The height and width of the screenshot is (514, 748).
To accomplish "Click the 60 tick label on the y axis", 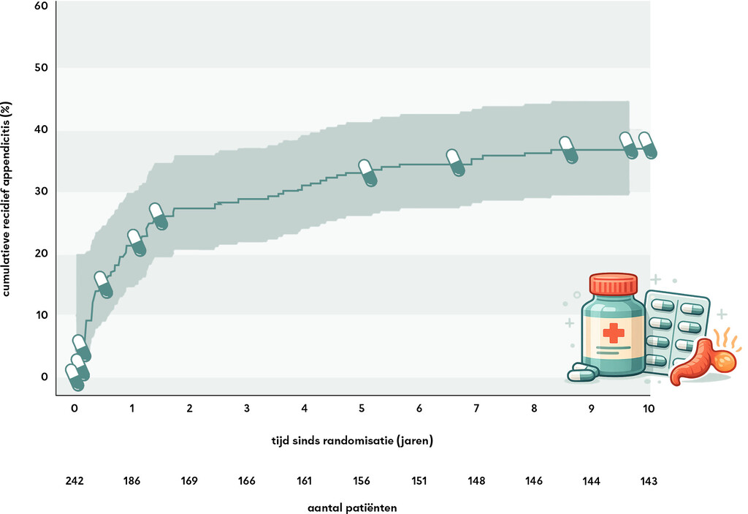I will tap(41, 6).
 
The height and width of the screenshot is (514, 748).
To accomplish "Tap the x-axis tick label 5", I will tap(362, 409).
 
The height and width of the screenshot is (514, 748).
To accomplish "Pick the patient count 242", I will tap(75, 481).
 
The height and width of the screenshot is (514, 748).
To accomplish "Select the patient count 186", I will tap(131, 481).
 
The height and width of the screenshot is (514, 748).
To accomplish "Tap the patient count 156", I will tap(362, 481).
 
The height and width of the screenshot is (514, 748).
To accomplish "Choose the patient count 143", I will tap(649, 481).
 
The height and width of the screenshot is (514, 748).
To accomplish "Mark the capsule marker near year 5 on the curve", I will tap(367, 173).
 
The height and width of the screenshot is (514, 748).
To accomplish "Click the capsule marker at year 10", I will tap(648, 145).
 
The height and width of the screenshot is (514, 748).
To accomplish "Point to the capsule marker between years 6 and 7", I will tap(455, 162).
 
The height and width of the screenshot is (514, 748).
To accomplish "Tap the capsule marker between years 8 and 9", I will tap(568, 150).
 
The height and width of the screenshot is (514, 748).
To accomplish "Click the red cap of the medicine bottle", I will tap(614, 284).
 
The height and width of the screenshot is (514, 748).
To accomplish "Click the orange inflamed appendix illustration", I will tap(701, 362).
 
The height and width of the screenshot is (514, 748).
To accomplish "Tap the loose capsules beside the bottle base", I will tap(583, 374).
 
